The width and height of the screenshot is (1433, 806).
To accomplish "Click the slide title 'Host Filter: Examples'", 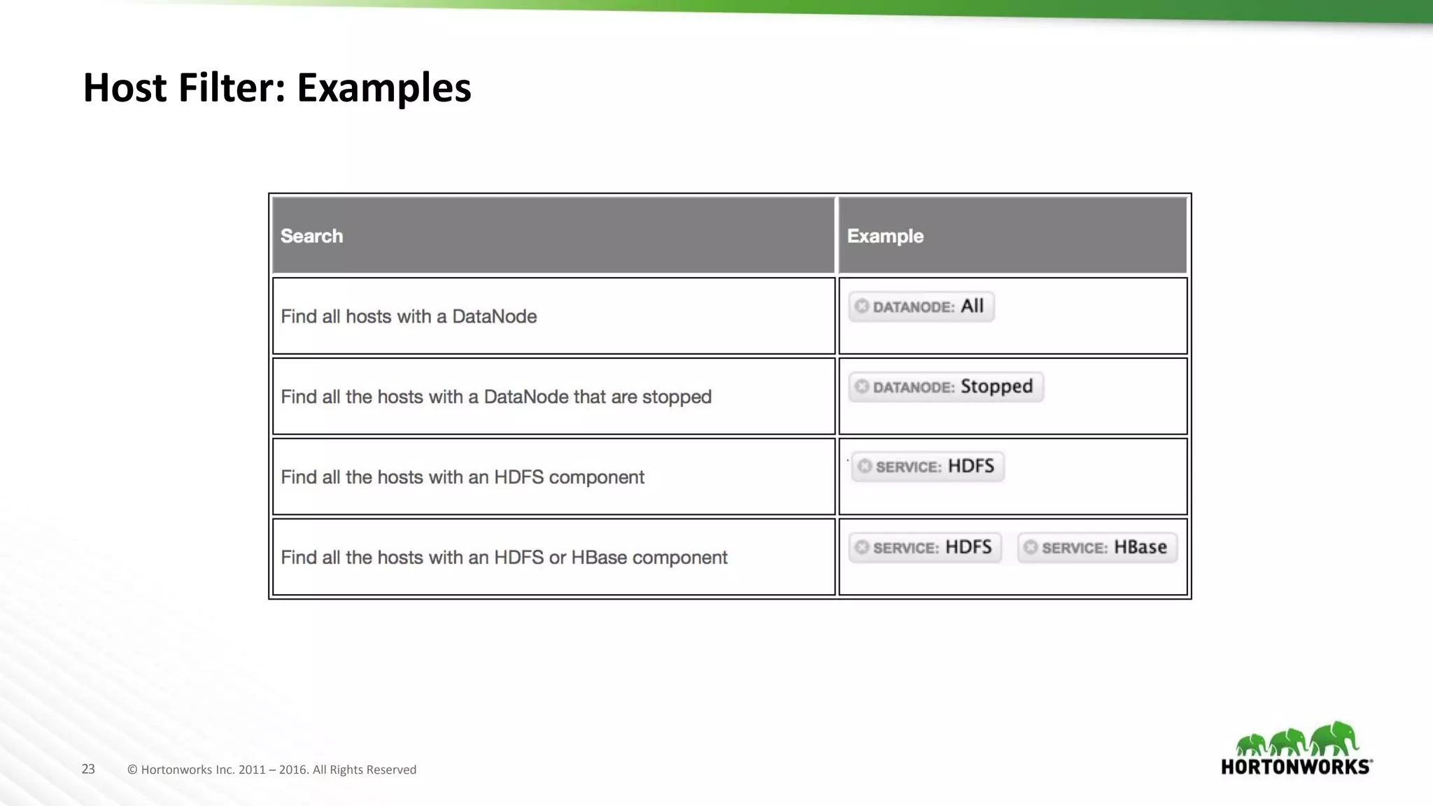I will click(277, 88).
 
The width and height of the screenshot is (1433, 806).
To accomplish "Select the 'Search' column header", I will click(312, 236).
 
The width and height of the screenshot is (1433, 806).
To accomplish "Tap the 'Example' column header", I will click(885, 236).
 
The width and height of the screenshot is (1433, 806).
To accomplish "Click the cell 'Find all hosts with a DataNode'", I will click(409, 316).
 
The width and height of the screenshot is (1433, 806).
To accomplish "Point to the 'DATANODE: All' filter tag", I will click(921, 306).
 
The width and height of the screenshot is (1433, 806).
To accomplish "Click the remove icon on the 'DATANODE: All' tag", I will click(862, 306).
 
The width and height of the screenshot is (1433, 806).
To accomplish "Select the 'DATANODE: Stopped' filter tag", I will click(946, 387).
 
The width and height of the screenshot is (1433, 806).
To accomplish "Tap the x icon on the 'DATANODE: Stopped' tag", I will click(862, 387).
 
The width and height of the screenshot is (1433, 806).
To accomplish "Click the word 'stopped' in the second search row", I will click(677, 397).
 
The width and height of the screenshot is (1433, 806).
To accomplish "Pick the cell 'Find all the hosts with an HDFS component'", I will click(463, 477).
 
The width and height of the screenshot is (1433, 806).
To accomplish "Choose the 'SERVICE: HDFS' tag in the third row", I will click(928, 467).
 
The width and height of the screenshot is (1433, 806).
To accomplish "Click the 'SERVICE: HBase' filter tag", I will click(1097, 547).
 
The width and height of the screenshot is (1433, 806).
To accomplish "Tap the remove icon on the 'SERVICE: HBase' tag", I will click(1031, 547).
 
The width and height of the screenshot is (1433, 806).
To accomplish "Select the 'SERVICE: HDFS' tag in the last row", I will click(925, 547).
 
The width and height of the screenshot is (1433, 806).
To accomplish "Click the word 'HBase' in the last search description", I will click(599, 558).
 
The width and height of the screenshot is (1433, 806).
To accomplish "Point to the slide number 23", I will click(88, 769).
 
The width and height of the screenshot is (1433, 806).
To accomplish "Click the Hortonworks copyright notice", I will click(271, 770).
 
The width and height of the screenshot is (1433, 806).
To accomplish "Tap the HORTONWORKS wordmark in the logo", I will click(1296, 767).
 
